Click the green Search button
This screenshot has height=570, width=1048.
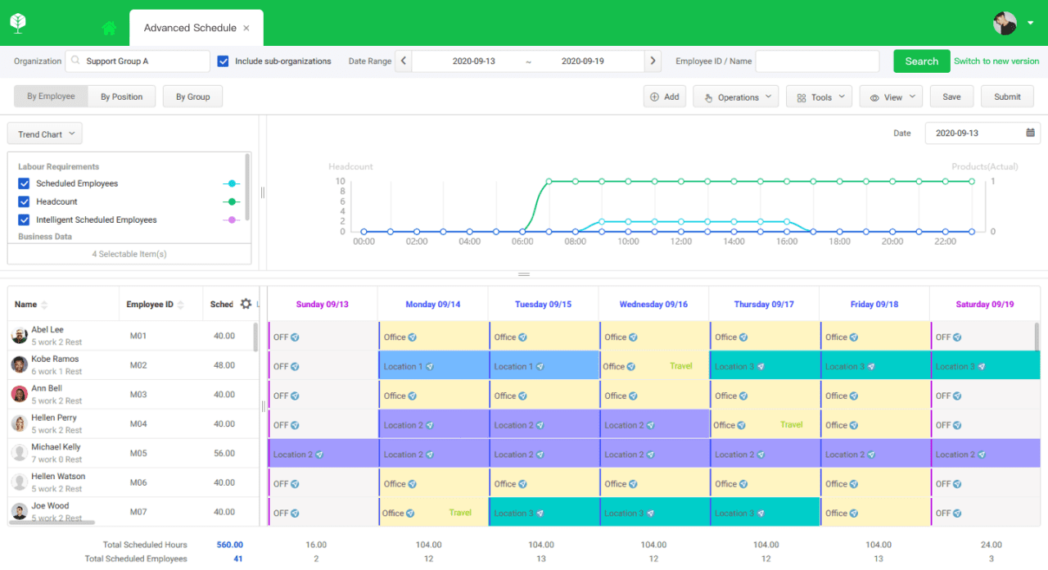(921, 61)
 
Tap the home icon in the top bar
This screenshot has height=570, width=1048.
(109, 28)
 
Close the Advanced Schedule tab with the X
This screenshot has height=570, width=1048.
(246, 28)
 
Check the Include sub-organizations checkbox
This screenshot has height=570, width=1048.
(224, 61)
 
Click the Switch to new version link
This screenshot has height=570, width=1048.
(996, 61)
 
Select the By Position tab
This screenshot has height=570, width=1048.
(121, 97)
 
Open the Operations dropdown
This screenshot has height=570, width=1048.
(735, 97)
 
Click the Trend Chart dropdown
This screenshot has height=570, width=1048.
(45, 134)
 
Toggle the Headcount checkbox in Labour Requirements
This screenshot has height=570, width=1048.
(25, 201)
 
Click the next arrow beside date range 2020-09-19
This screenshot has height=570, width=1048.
(653, 61)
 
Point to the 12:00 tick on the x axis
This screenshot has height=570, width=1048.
(681, 242)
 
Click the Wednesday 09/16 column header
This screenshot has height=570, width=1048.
(653, 305)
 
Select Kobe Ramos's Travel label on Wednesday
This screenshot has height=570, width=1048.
(681, 366)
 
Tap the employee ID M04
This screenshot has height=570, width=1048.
(138, 424)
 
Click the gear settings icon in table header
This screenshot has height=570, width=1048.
(246, 304)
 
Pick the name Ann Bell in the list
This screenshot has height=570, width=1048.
(47, 389)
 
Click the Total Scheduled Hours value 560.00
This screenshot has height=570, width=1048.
(229, 545)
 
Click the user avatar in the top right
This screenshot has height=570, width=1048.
(1005, 23)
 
